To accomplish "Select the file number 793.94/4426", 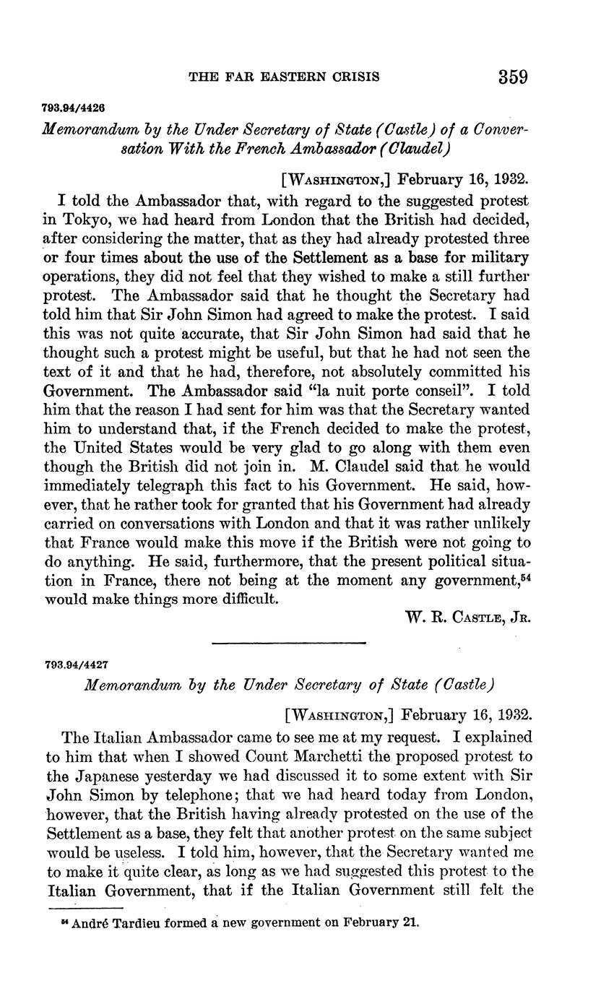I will (75, 108).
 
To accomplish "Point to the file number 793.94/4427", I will (75, 663).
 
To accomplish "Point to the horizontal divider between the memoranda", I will (289, 642).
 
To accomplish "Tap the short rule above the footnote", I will (86, 908).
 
